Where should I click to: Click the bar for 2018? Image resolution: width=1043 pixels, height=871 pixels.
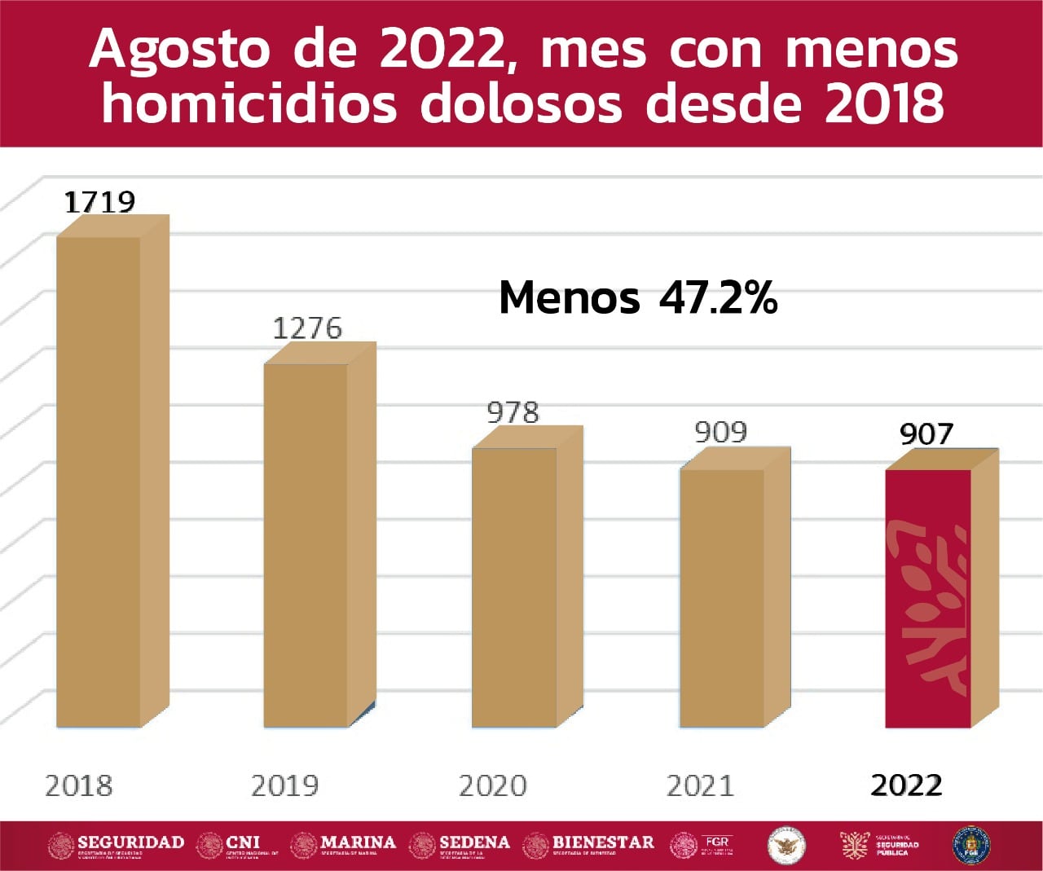point(99,481)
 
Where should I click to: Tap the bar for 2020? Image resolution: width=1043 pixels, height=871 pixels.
point(515,587)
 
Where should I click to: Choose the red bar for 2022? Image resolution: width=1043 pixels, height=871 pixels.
point(928,598)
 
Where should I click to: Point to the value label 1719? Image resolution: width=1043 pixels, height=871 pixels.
point(99,201)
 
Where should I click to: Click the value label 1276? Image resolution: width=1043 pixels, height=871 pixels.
point(307,328)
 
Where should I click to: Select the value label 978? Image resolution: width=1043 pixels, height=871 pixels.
point(513,412)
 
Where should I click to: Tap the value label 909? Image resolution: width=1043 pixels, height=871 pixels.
point(721,432)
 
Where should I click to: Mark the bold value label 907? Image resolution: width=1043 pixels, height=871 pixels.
point(926,434)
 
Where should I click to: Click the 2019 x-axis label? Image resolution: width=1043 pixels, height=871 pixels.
point(284,785)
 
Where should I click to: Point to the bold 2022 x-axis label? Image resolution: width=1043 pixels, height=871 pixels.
point(907,785)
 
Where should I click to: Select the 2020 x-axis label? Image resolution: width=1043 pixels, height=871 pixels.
point(493,785)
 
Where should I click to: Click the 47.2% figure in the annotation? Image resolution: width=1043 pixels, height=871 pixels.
point(718,298)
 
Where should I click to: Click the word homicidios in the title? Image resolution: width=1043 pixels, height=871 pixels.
point(249,104)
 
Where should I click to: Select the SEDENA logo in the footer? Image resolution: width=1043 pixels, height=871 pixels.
point(460,846)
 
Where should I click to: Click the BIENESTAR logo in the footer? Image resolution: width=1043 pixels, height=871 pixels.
point(589,846)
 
